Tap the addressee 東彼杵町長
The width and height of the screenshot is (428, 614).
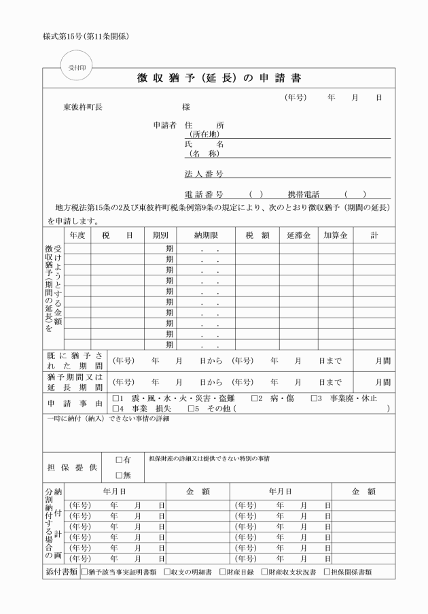click(83, 107)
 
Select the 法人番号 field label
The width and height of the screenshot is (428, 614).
click(204, 174)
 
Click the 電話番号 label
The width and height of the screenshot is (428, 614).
click(204, 194)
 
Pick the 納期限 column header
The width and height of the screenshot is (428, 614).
click(205, 235)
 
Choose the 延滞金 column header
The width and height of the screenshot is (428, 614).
click(298, 235)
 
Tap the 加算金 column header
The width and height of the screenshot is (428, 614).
click(335, 235)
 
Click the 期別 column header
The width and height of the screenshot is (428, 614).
click(160, 235)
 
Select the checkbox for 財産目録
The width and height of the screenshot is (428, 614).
click(222, 572)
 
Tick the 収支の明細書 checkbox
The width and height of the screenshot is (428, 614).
click(167, 572)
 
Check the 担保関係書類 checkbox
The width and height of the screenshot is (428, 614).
click(327, 572)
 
